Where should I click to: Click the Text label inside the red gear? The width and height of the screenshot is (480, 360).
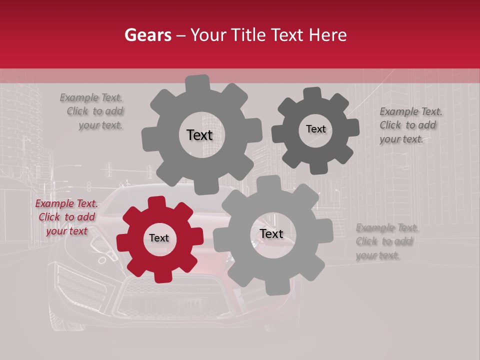coord(159,238)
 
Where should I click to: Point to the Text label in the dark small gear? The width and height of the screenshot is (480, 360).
coord(315,129)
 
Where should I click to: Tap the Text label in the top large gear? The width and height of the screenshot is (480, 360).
coord(200,135)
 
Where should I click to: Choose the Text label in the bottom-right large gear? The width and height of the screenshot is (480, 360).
coord(271,234)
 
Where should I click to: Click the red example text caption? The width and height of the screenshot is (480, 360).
coord(66,217)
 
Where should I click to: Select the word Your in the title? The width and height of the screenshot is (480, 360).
coord(207,35)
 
